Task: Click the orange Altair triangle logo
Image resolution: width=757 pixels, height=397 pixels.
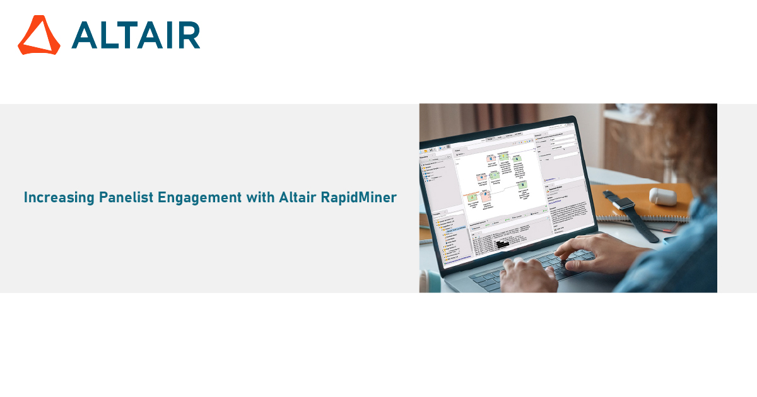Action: point(38,35)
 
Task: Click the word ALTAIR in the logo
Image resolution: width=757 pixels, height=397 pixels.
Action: point(136,35)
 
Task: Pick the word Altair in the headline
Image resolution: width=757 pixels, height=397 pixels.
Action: point(296,198)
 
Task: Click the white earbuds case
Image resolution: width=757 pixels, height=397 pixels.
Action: point(662,196)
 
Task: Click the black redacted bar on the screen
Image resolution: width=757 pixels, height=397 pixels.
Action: point(502,244)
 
